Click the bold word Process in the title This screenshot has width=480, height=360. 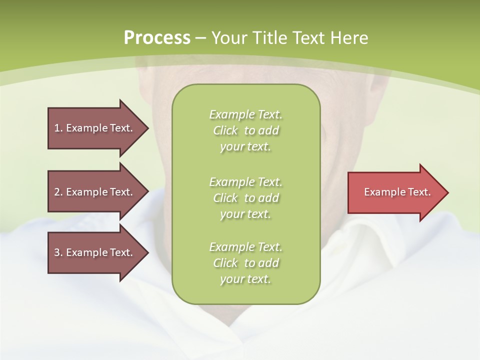(x=157, y=38)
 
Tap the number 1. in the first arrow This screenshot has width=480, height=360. (x=58, y=128)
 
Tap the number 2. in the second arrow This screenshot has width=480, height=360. (x=58, y=192)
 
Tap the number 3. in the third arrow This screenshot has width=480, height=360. (x=58, y=252)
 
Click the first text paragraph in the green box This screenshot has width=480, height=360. (x=246, y=130)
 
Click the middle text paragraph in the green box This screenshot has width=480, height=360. (x=246, y=198)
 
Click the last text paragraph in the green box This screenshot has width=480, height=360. (x=246, y=263)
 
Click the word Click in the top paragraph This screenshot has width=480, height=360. (x=225, y=131)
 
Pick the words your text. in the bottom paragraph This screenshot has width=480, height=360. (x=245, y=279)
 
